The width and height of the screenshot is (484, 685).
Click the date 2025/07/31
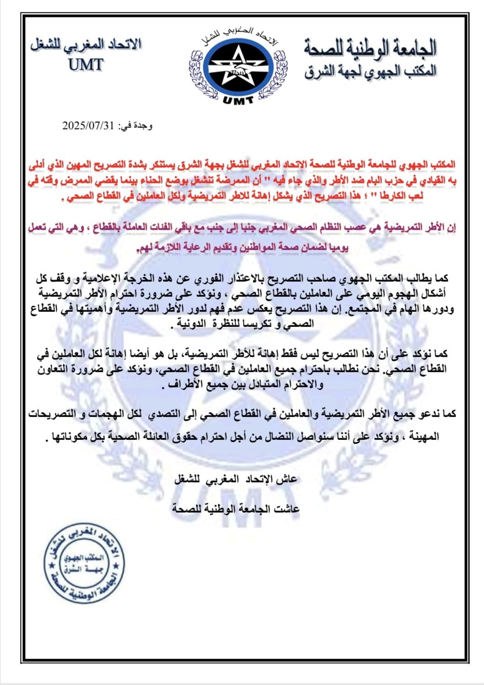click(87, 126)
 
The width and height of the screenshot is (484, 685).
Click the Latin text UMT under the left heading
click(86, 65)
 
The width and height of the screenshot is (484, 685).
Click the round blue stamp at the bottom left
click(84, 562)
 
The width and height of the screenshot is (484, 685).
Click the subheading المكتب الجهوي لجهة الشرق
click(370, 71)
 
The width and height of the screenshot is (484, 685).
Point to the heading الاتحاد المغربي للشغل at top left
click(86, 45)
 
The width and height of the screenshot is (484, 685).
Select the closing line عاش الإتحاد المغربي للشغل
click(236, 479)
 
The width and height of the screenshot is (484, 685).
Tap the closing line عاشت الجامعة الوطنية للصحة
click(236, 508)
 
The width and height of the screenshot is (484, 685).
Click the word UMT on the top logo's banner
click(238, 100)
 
